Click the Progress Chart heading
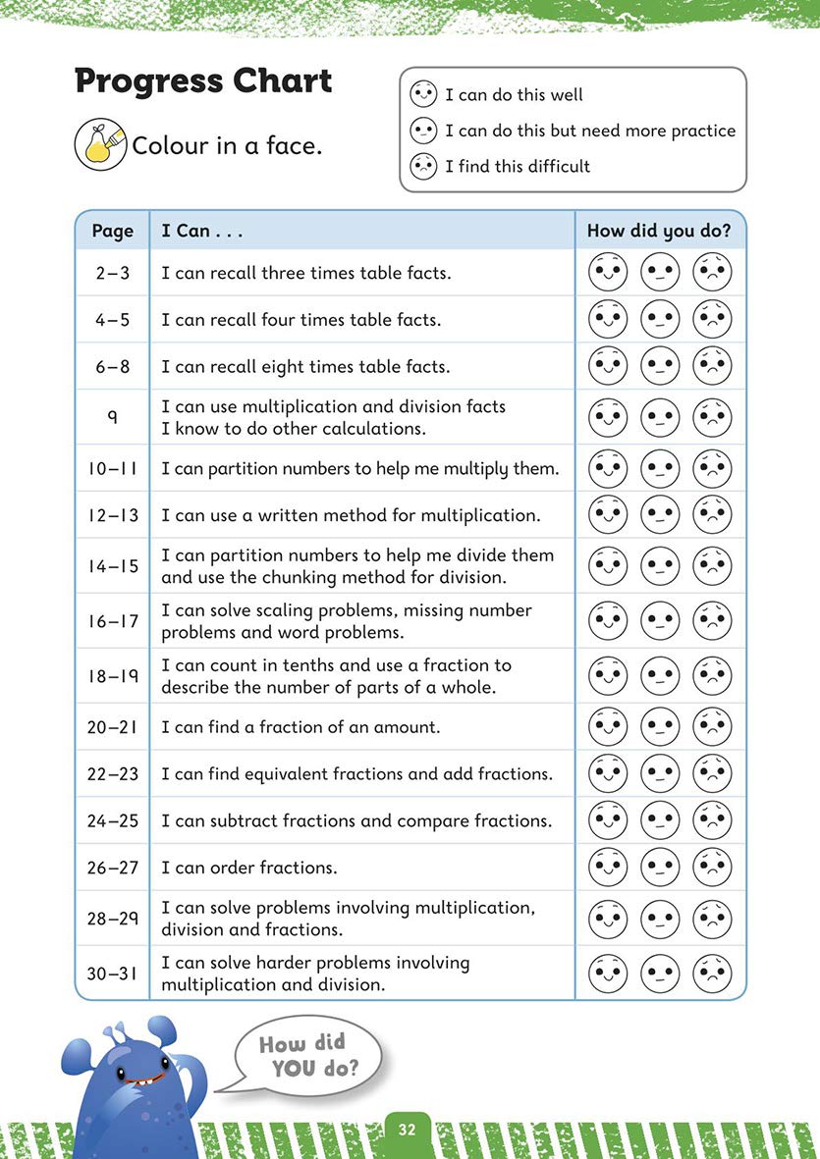click(x=203, y=81)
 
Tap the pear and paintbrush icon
click(x=99, y=144)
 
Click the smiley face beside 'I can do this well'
click(x=422, y=95)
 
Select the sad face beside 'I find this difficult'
click(x=422, y=166)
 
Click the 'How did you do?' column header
click(x=658, y=232)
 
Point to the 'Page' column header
click(x=112, y=232)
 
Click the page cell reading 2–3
click(x=112, y=273)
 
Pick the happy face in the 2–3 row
click(x=608, y=272)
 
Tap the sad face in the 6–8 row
click(x=712, y=365)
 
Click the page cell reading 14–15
click(x=112, y=566)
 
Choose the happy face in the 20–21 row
click(x=608, y=726)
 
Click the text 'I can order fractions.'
click(x=249, y=868)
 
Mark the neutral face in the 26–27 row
click(x=660, y=867)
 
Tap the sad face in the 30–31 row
click(x=712, y=974)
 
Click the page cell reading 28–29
click(x=112, y=919)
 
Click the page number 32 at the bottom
click(x=408, y=1130)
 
